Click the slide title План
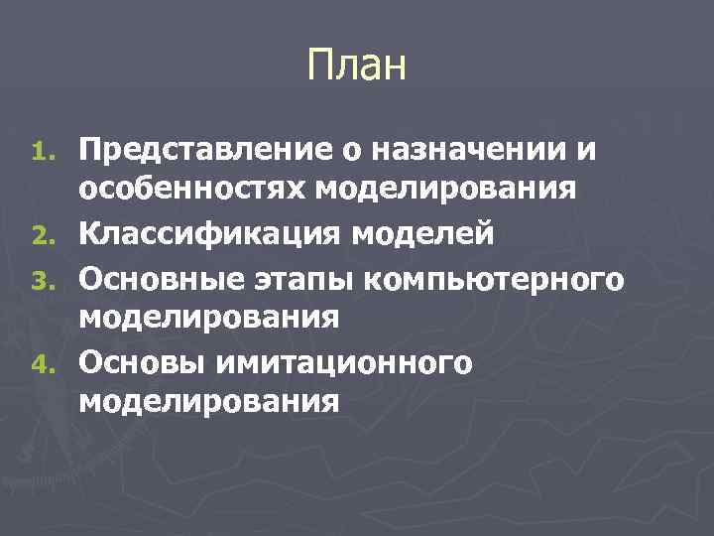[x=357, y=67]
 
